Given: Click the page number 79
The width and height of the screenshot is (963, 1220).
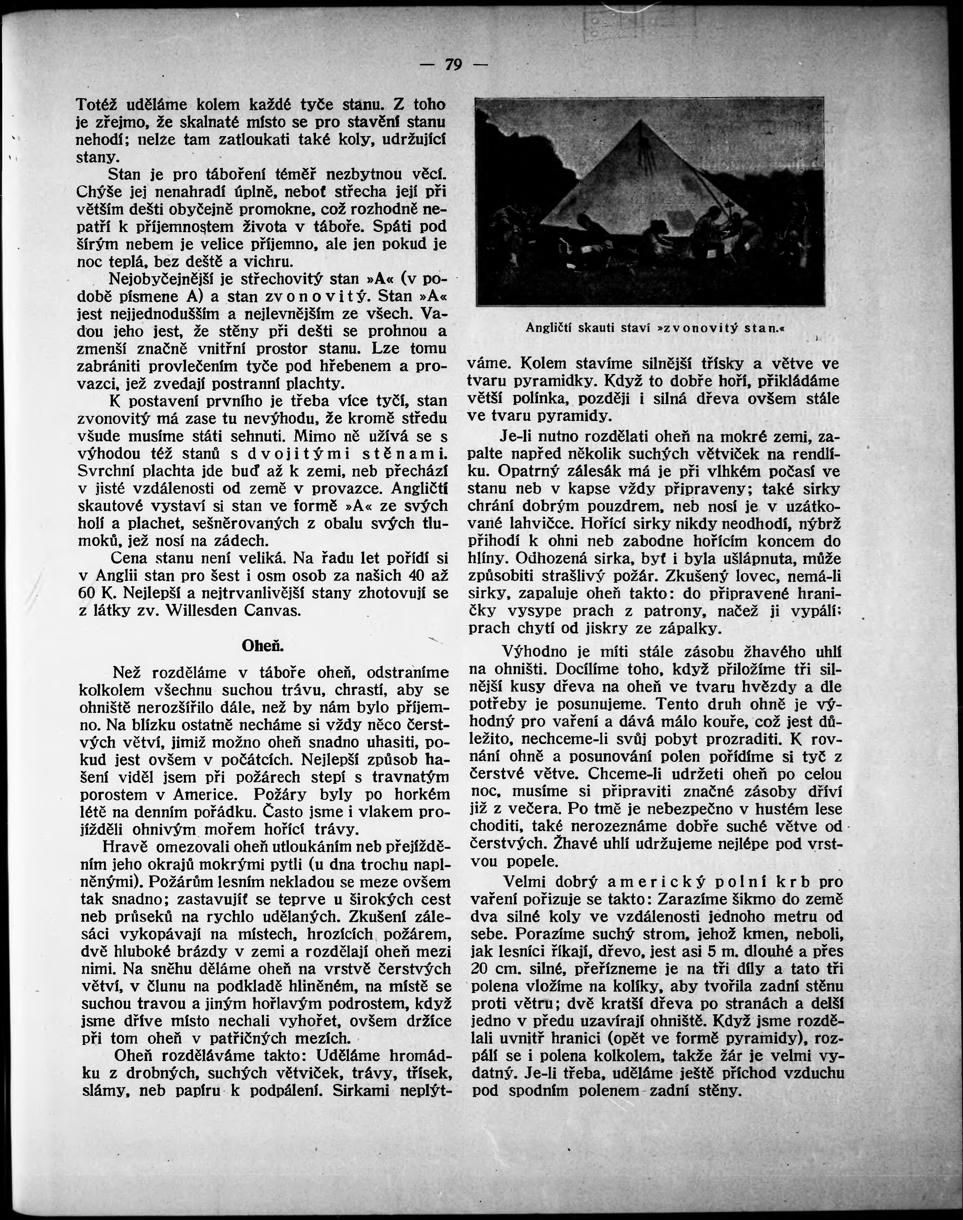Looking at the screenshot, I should point(453,65).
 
